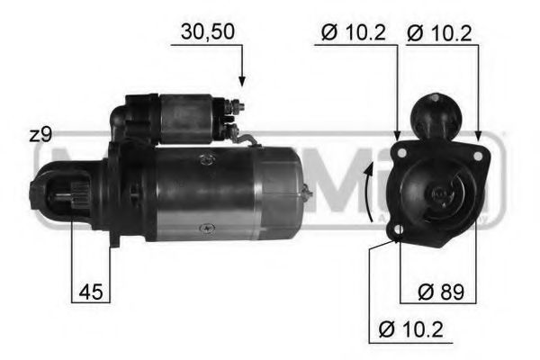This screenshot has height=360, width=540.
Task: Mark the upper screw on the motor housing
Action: pyautogui.click(x=208, y=158)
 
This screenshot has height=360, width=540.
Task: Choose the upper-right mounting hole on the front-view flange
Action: pyautogui.click(x=479, y=137)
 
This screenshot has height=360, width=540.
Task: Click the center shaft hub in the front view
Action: pyautogui.click(x=440, y=193)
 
